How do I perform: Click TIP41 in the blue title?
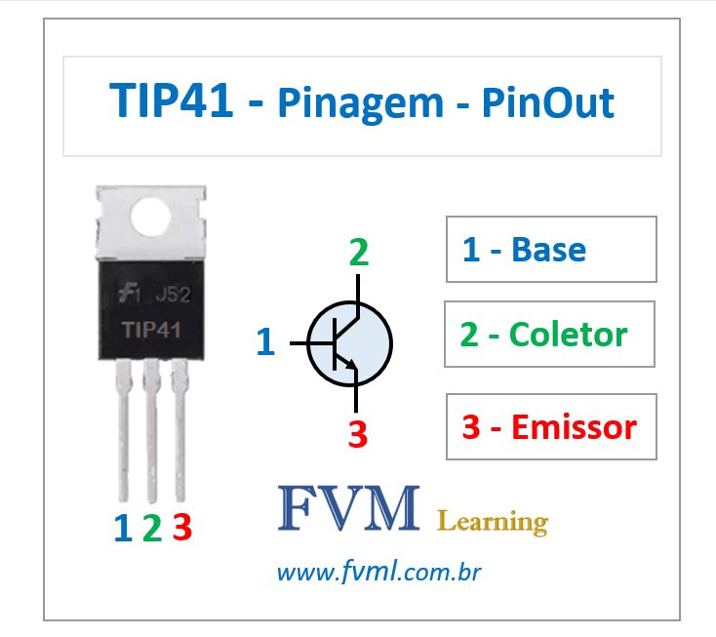pos(172,102)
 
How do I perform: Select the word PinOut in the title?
pos(547,103)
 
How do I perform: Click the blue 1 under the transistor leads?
pos(122,528)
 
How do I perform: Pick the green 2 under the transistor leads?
pos(151,528)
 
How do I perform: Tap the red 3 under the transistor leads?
pos(181,528)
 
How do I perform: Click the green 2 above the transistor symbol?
pos(359,253)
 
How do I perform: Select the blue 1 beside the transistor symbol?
pos(265,342)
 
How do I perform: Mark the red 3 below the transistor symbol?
pos(358,434)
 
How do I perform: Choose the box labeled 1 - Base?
pos(551,250)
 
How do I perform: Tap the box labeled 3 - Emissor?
pos(551,426)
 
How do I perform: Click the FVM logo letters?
pos(348,508)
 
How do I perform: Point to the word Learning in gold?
pos(493,521)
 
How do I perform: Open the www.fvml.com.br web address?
pos(380,572)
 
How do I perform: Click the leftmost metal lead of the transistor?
pos(125,429)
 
